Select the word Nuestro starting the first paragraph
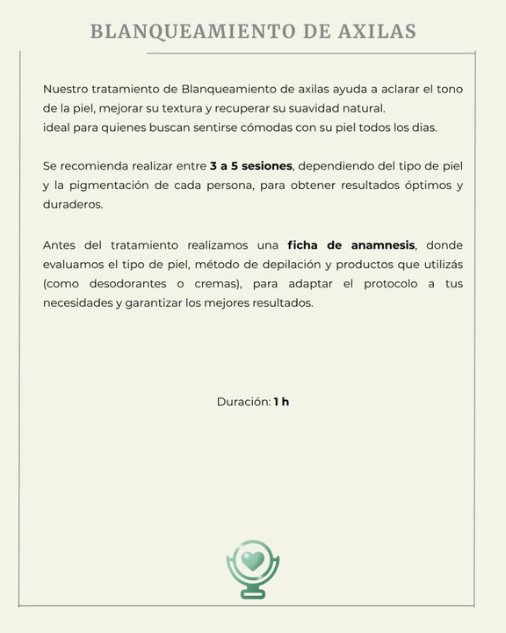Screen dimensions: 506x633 pos(67,89)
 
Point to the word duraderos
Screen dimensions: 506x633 pos(73,205)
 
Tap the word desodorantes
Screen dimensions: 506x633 pos(128,284)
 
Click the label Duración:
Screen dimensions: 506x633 pos(243,402)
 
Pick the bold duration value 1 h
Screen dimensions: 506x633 pos(281,402)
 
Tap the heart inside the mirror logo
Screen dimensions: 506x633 pos(253,560)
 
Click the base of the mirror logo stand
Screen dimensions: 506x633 pos(253,594)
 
